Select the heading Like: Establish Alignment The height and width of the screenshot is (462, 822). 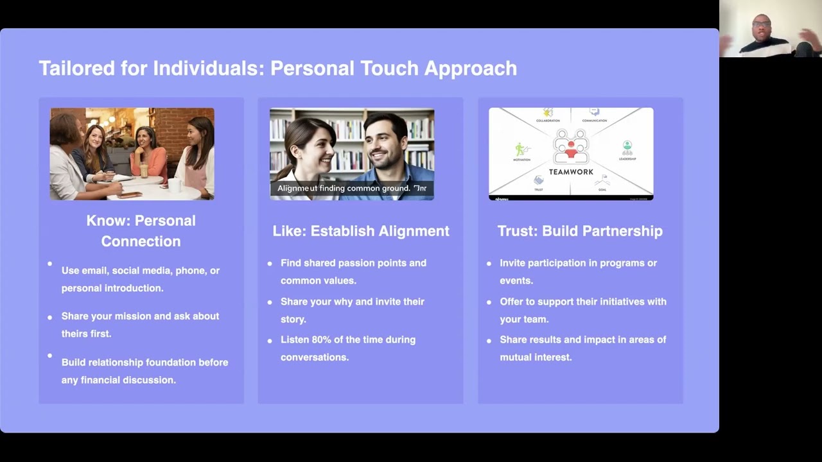(x=361, y=231)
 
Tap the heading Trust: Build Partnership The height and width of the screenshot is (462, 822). (x=580, y=231)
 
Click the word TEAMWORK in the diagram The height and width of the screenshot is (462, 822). (x=571, y=171)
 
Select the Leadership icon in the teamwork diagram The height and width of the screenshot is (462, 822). (x=627, y=148)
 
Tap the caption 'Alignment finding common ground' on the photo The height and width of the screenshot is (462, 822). (x=351, y=189)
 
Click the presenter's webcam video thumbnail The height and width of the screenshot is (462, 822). (x=770, y=29)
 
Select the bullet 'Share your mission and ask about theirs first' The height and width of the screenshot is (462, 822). (x=140, y=325)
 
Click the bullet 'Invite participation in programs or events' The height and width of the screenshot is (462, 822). (x=578, y=271)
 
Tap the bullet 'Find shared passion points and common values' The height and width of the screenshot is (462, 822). (x=353, y=271)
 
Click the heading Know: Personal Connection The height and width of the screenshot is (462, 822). (x=141, y=231)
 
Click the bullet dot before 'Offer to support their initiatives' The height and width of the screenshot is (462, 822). (x=489, y=302)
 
